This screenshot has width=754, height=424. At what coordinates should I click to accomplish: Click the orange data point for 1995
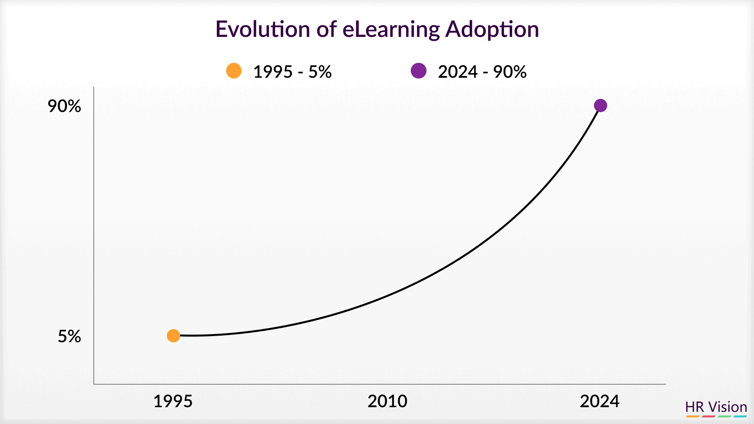[173, 336]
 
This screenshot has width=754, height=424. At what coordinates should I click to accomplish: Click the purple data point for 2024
[600, 105]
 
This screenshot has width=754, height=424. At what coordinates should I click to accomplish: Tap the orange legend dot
[234, 71]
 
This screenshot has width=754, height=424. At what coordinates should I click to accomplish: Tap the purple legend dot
[419, 71]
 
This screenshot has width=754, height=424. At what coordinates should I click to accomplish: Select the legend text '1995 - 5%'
[293, 72]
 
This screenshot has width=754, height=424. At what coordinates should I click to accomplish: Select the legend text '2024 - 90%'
[482, 72]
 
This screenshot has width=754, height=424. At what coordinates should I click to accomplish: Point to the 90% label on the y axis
[64, 106]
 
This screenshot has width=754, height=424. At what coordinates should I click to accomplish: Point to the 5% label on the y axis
[70, 336]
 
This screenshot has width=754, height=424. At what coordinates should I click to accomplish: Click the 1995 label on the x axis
[173, 401]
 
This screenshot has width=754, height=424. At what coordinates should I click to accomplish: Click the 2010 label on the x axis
[387, 401]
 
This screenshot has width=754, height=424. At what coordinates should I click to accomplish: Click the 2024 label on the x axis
[600, 401]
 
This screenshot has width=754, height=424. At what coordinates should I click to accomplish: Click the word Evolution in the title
[263, 29]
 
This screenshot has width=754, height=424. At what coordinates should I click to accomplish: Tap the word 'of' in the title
[326, 29]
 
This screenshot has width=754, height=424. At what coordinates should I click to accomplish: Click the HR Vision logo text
[716, 407]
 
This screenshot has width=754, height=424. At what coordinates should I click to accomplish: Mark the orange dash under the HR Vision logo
[693, 416]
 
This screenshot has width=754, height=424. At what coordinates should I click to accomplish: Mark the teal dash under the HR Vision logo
[740, 416]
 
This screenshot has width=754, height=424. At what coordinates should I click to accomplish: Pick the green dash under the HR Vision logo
[725, 416]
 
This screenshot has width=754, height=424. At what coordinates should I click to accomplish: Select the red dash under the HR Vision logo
[708, 416]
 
